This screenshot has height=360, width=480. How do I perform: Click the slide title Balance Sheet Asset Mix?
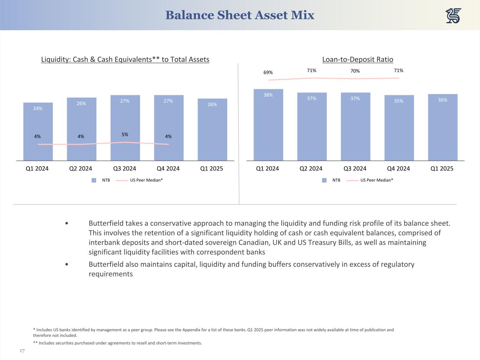(239, 15)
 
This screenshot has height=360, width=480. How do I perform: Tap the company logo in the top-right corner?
(453, 16)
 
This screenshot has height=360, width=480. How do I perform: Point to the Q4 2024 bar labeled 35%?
(399, 128)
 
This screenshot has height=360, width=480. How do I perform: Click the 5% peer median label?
(125, 134)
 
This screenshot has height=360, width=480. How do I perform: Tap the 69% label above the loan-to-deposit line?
(268, 72)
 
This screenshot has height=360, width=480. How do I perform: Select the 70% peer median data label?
(355, 71)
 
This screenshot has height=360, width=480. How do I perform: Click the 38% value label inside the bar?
(268, 95)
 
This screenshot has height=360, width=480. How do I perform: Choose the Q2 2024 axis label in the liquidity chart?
(81, 168)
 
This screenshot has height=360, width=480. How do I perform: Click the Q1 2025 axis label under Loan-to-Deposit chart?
(442, 168)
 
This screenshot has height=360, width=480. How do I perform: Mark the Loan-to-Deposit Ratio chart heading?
(358, 59)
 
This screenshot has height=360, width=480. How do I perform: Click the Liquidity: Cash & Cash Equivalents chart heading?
(125, 59)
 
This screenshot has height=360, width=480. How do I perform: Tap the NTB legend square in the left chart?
(94, 180)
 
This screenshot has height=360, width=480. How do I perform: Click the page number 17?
(22, 351)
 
